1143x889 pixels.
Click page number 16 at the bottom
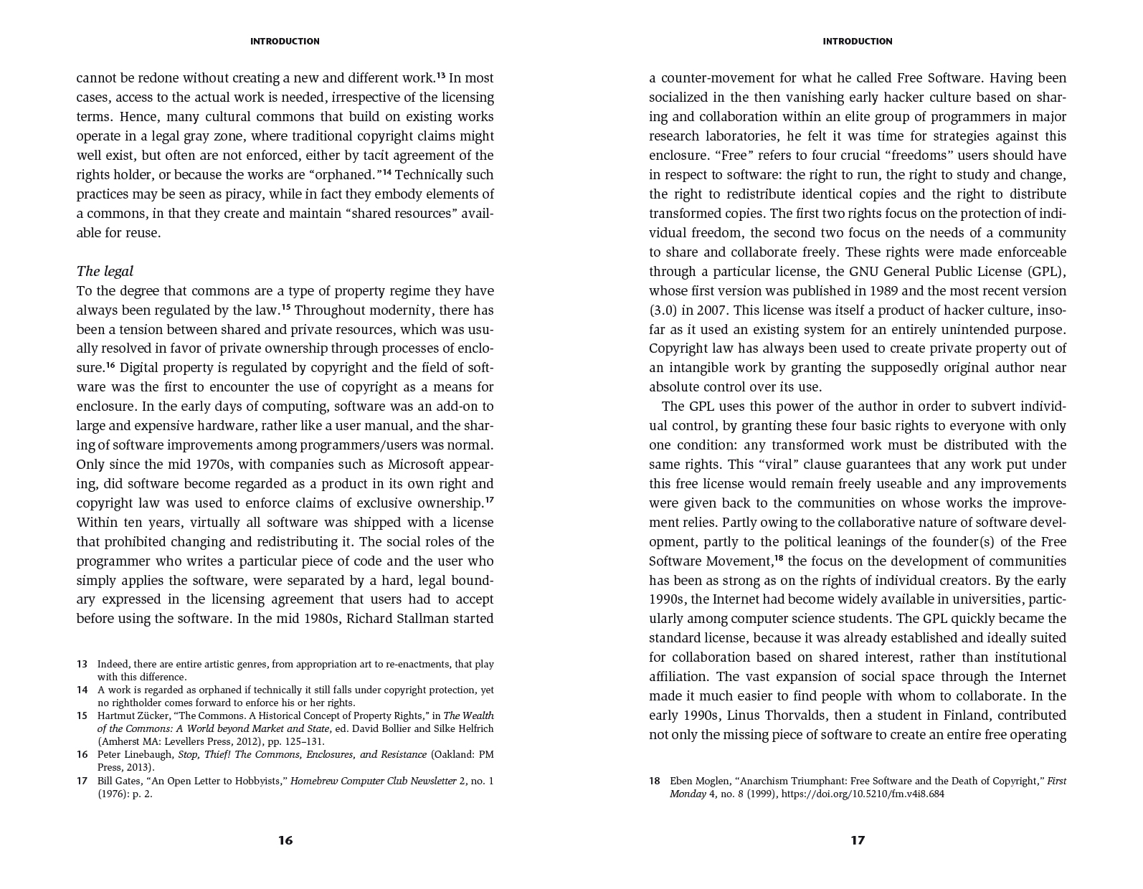pyautogui.click(x=285, y=840)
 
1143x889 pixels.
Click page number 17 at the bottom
pyautogui.click(x=858, y=840)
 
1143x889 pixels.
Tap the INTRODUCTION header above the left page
pyautogui.click(x=285, y=42)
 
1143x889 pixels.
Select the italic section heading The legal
pyautogui.click(x=105, y=271)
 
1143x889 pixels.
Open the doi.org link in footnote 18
pyautogui.click(x=863, y=794)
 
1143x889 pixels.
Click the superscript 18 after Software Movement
pyautogui.click(x=778, y=558)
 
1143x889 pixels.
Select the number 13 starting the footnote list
pyautogui.click(x=82, y=664)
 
